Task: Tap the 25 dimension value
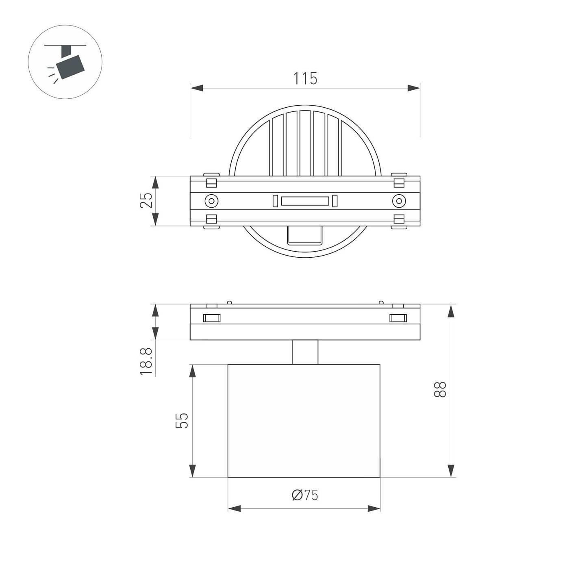pyautogui.click(x=146, y=200)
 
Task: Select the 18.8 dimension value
pyautogui.click(x=146, y=361)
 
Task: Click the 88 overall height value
pyautogui.click(x=441, y=389)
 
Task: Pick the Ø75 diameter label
pyautogui.click(x=305, y=495)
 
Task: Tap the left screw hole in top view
pyautogui.click(x=211, y=201)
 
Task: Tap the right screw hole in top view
pyautogui.click(x=399, y=201)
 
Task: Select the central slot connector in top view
pyautogui.click(x=305, y=201)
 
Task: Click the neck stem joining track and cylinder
pyautogui.click(x=305, y=352)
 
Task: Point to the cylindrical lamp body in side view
pyautogui.click(x=304, y=420)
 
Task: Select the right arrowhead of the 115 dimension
pyautogui.click(x=414, y=88)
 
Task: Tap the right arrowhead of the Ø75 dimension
pyautogui.click(x=374, y=508)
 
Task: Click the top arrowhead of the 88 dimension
pyautogui.click(x=450, y=311)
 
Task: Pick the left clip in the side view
pyautogui.click(x=211, y=318)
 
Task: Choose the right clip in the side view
pyautogui.click(x=398, y=318)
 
